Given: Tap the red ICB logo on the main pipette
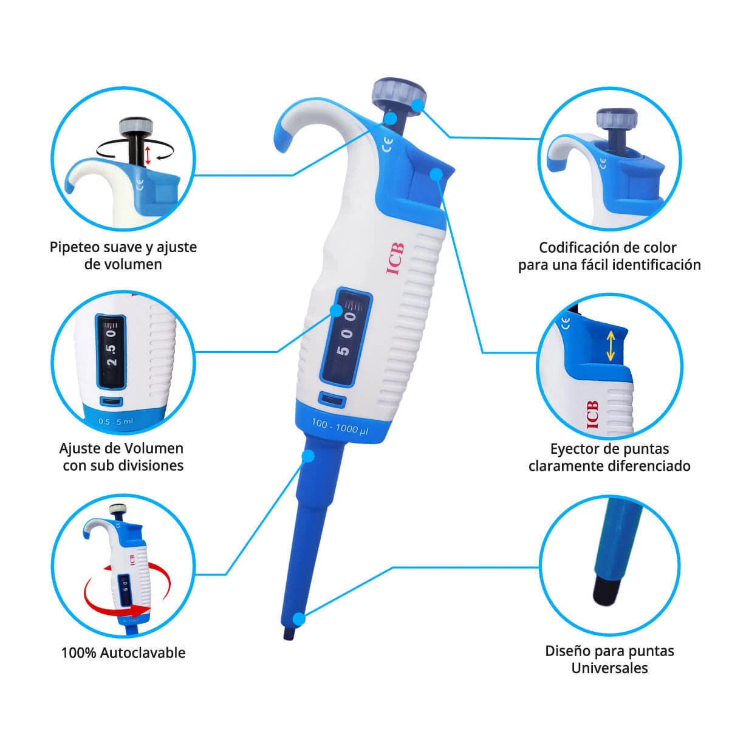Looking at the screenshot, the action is click(395, 259).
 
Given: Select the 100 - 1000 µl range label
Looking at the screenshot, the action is click(340, 426).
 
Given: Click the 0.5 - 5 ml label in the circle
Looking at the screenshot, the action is click(116, 421).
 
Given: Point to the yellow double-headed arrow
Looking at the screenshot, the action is click(610, 346).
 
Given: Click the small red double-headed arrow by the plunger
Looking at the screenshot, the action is click(148, 156).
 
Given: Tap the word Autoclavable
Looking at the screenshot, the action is click(143, 653).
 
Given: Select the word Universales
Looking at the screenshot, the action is click(609, 668).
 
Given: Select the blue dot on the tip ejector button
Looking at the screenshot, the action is click(437, 174).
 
